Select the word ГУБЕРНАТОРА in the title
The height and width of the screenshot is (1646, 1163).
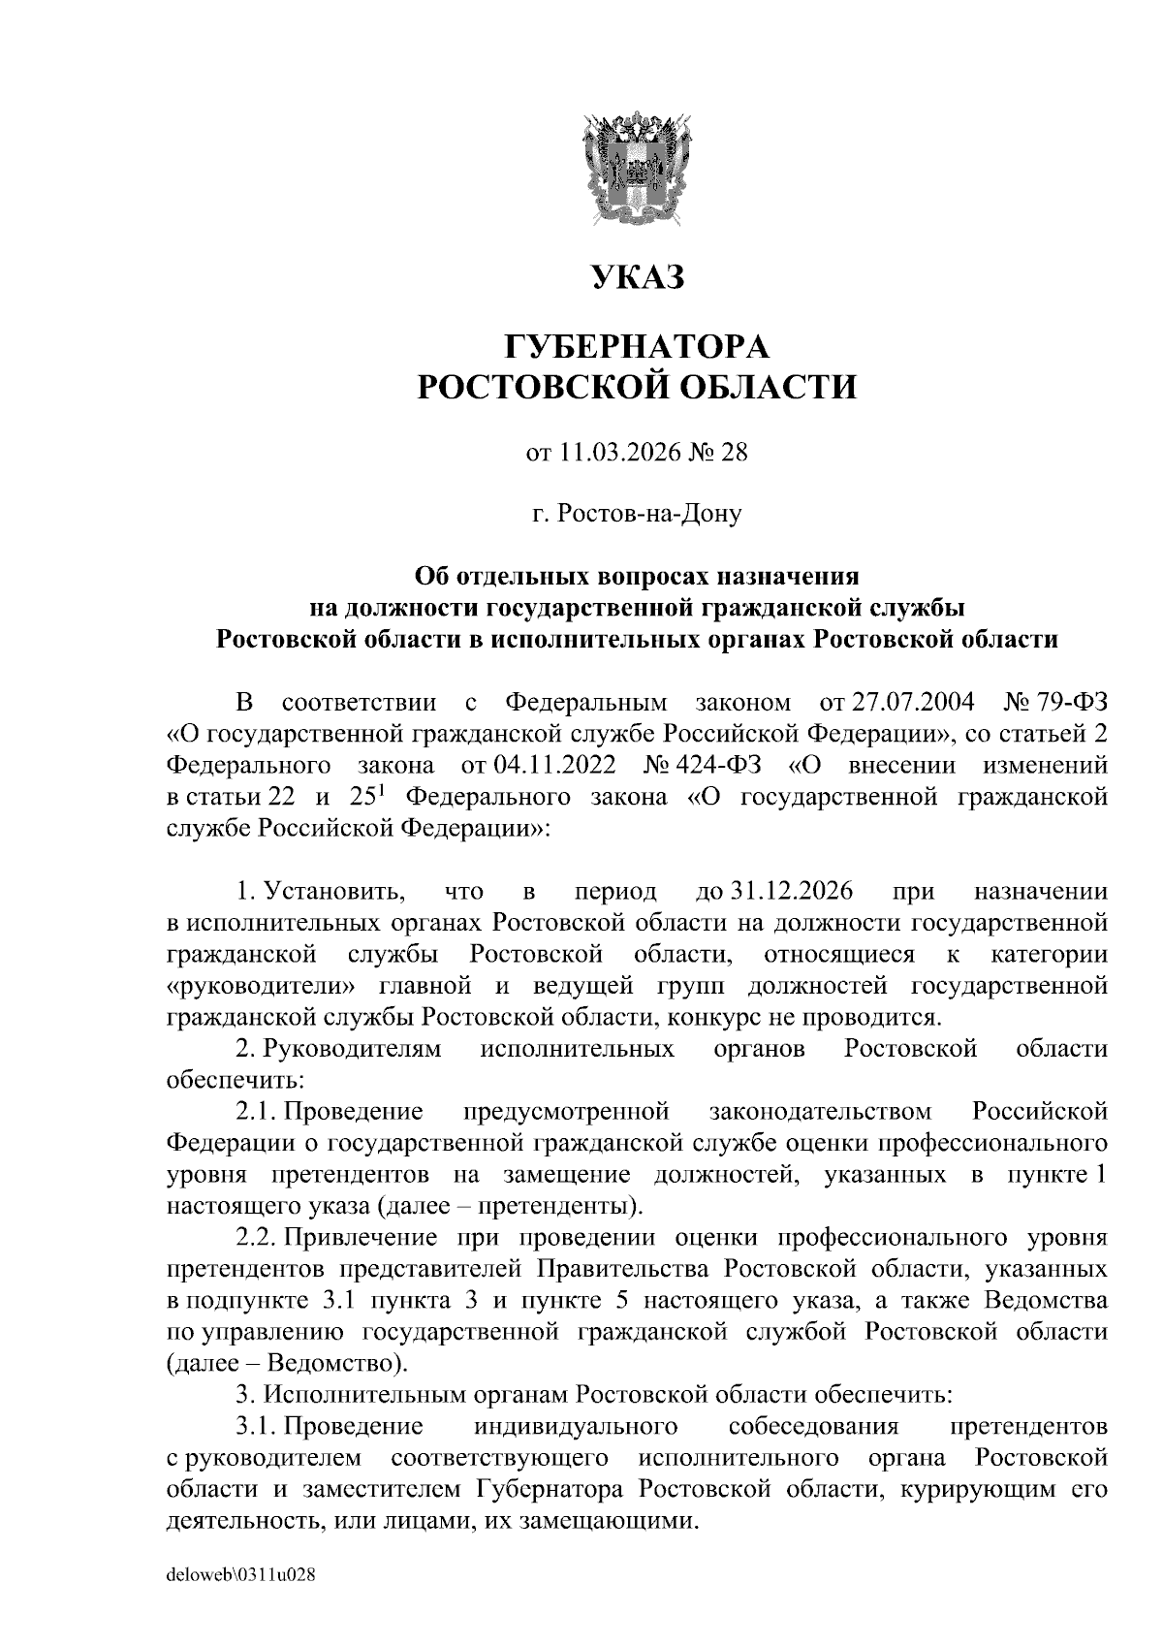[637, 346]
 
